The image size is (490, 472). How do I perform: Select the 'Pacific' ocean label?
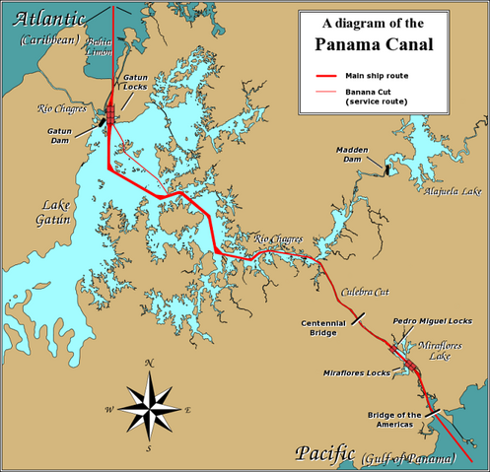coord(324,454)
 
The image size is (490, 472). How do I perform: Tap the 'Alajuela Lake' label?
coord(439,191)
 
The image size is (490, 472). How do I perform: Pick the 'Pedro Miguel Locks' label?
coord(432,321)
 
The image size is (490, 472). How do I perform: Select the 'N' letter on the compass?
coord(149,363)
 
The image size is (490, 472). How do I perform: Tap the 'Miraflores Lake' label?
coord(433,351)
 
